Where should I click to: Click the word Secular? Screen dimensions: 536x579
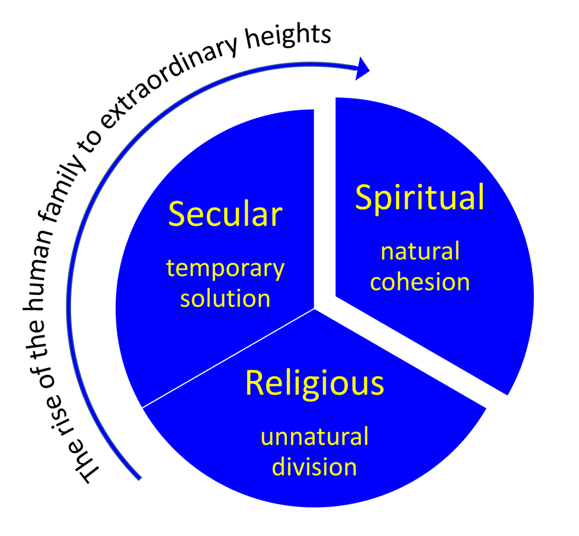225,215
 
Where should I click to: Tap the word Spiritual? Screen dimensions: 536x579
420,198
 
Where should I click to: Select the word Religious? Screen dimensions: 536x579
314,384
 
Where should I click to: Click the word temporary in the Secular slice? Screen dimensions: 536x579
225,269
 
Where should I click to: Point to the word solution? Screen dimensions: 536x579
225,299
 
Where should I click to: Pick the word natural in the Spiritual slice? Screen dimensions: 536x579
420,251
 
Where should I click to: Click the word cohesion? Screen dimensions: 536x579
420,282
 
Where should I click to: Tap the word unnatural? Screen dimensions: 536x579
314,436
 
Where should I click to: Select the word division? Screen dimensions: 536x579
314,467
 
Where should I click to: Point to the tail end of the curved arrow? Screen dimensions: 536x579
139,477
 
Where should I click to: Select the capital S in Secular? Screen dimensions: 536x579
178,215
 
